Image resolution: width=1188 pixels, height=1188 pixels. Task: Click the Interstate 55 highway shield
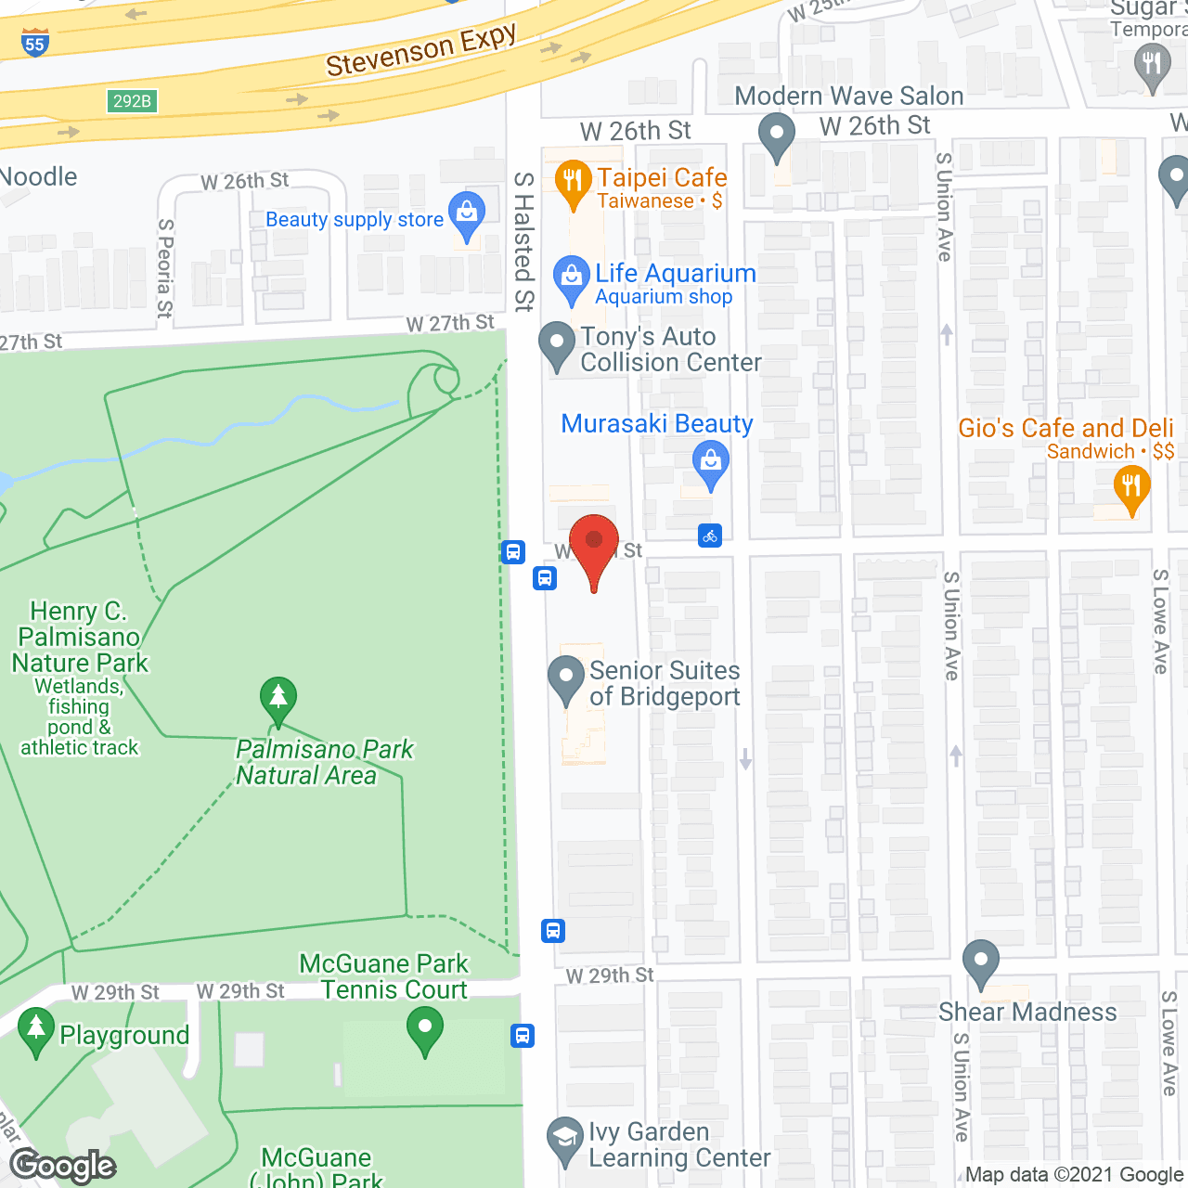tap(34, 43)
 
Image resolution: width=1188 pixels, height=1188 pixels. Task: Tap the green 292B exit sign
tap(132, 101)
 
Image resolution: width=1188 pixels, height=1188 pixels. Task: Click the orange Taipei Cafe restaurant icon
tap(573, 183)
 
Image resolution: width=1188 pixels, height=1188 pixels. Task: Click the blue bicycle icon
tap(710, 536)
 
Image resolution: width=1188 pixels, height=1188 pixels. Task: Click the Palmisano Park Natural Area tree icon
tap(278, 700)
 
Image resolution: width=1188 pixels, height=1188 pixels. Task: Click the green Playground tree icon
tap(36, 1030)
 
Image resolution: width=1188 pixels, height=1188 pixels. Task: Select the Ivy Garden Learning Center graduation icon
tap(564, 1140)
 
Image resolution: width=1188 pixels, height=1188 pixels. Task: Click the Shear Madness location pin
tap(980, 963)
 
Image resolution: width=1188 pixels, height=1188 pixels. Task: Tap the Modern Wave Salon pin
tap(776, 136)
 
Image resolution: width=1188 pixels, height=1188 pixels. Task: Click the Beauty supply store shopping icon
tap(467, 216)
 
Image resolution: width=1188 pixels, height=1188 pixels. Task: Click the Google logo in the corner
tap(63, 1166)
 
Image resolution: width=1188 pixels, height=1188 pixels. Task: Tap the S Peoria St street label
tap(165, 268)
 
